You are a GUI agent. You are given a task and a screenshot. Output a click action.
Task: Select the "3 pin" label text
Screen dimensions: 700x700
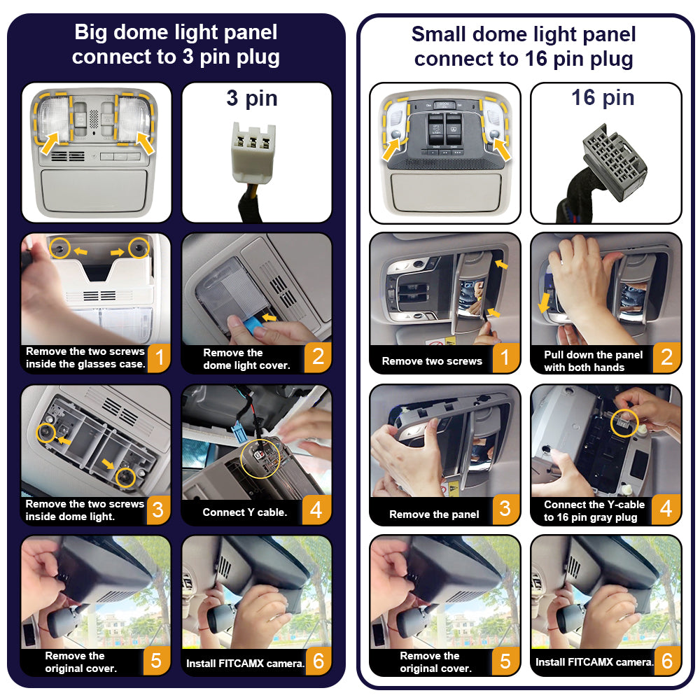252,98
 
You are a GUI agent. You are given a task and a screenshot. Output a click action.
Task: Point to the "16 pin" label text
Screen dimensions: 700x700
603,97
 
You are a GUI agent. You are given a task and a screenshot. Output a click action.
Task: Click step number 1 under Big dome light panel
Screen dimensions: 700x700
160,357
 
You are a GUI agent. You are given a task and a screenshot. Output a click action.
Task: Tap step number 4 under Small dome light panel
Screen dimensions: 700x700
666,508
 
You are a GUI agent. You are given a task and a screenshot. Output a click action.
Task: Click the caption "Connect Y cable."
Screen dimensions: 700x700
244,512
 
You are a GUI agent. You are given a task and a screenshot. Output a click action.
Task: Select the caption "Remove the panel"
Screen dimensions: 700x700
434,514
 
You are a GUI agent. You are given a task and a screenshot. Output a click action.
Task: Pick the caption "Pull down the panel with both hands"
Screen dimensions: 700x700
593,360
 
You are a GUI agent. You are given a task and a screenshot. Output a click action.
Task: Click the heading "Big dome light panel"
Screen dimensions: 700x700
176,32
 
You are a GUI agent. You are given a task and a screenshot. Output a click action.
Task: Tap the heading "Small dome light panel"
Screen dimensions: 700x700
524,34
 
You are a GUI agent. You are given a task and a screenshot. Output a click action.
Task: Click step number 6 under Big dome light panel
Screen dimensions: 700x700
318,661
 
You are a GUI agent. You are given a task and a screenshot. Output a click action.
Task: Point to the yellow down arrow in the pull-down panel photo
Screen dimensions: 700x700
544,302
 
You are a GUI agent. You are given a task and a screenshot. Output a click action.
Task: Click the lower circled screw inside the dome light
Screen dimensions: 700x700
125,477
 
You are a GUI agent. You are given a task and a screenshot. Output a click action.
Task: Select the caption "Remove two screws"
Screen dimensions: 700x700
432,361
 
